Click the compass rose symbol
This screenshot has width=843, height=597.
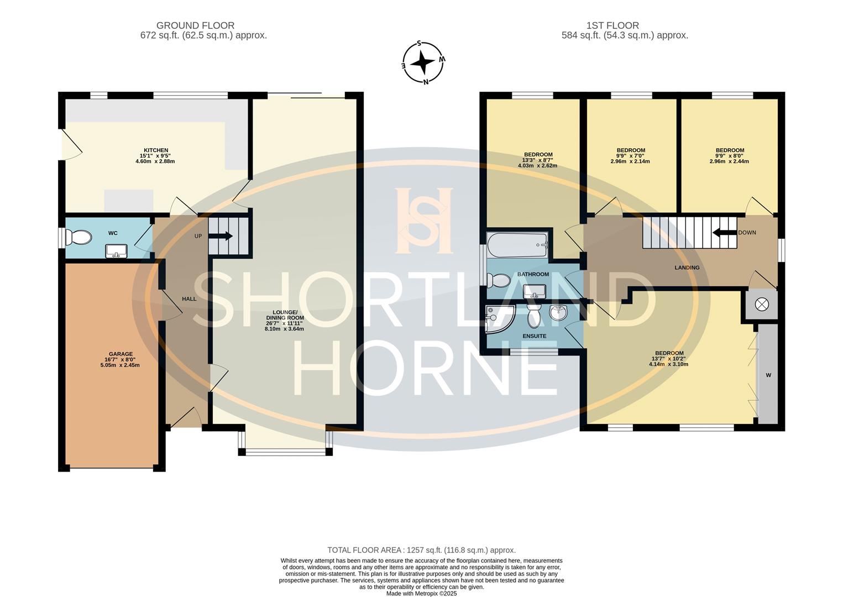(x=423, y=62)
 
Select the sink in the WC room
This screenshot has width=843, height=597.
(x=117, y=252)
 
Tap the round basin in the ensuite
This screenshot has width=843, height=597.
(x=559, y=313)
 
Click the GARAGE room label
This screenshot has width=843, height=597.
(x=121, y=354)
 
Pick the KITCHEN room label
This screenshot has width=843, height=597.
(x=156, y=150)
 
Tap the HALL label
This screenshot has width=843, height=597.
(x=189, y=299)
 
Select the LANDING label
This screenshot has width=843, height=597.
(x=687, y=268)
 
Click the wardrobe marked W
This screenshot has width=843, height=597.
(x=768, y=375)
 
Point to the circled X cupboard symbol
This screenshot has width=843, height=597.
(x=762, y=305)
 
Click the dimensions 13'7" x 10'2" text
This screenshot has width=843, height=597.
(x=669, y=359)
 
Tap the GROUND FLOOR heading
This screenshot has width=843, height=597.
(x=195, y=25)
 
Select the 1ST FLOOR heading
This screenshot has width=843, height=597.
(x=612, y=25)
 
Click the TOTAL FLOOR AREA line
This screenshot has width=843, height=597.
(x=421, y=550)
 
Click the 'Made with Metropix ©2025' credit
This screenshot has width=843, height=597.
(x=421, y=593)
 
